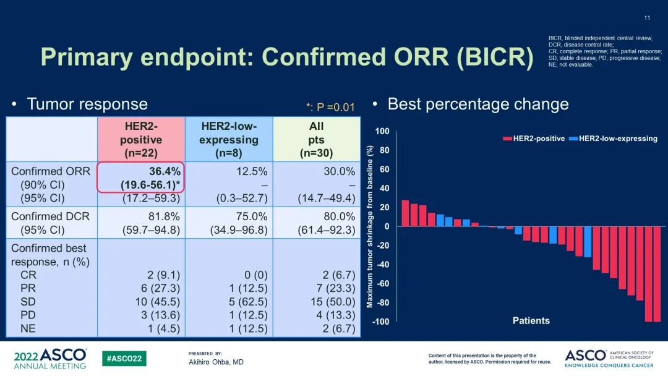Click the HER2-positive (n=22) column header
[x=140, y=139]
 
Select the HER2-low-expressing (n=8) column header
[x=229, y=139]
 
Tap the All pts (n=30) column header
[x=316, y=139]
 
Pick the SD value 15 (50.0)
[x=333, y=301]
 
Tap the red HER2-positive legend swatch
[x=507, y=139]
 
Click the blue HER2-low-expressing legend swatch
[x=573, y=139]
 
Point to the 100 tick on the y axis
[x=382, y=131]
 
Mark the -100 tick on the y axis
[x=379, y=322]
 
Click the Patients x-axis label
[x=531, y=320]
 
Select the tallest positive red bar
[x=405, y=213]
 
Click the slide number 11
[x=647, y=17]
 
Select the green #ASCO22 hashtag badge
[x=124, y=359]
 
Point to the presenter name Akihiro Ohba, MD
[x=216, y=362]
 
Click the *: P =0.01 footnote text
[x=330, y=107]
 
